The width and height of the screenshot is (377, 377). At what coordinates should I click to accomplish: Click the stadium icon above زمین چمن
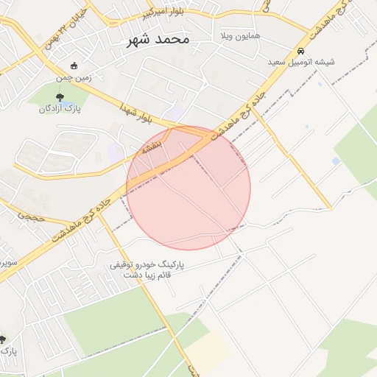pos(72,66)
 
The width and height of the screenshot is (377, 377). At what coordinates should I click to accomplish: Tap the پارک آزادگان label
pos(60,108)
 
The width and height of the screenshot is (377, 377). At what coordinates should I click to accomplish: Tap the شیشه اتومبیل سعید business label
pos(301,62)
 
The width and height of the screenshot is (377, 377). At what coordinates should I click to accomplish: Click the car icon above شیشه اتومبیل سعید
pos(301,51)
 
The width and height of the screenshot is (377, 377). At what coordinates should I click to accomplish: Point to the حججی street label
pos(32,217)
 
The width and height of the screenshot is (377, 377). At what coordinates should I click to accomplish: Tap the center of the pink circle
pos(188,188)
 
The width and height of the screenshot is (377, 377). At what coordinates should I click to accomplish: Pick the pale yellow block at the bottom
pos(209,350)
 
